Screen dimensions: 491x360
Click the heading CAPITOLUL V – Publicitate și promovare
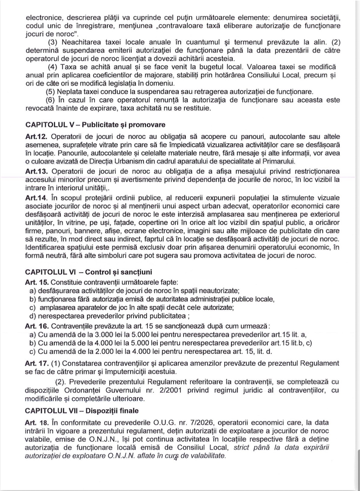tap(95, 125)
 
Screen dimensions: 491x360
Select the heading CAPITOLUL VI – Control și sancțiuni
tap(88, 272)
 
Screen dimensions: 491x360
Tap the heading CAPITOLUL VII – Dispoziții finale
tap(82, 411)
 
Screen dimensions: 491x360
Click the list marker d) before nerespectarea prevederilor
tap(32, 316)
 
